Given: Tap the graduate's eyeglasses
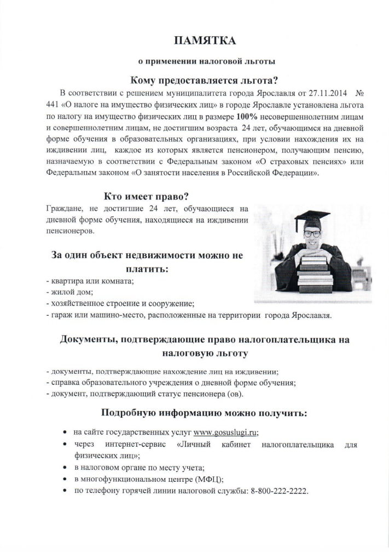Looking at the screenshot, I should [x=312, y=234].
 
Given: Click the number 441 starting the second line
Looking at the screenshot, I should [x=54, y=104].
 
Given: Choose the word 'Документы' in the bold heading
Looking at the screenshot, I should [x=86, y=339].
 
